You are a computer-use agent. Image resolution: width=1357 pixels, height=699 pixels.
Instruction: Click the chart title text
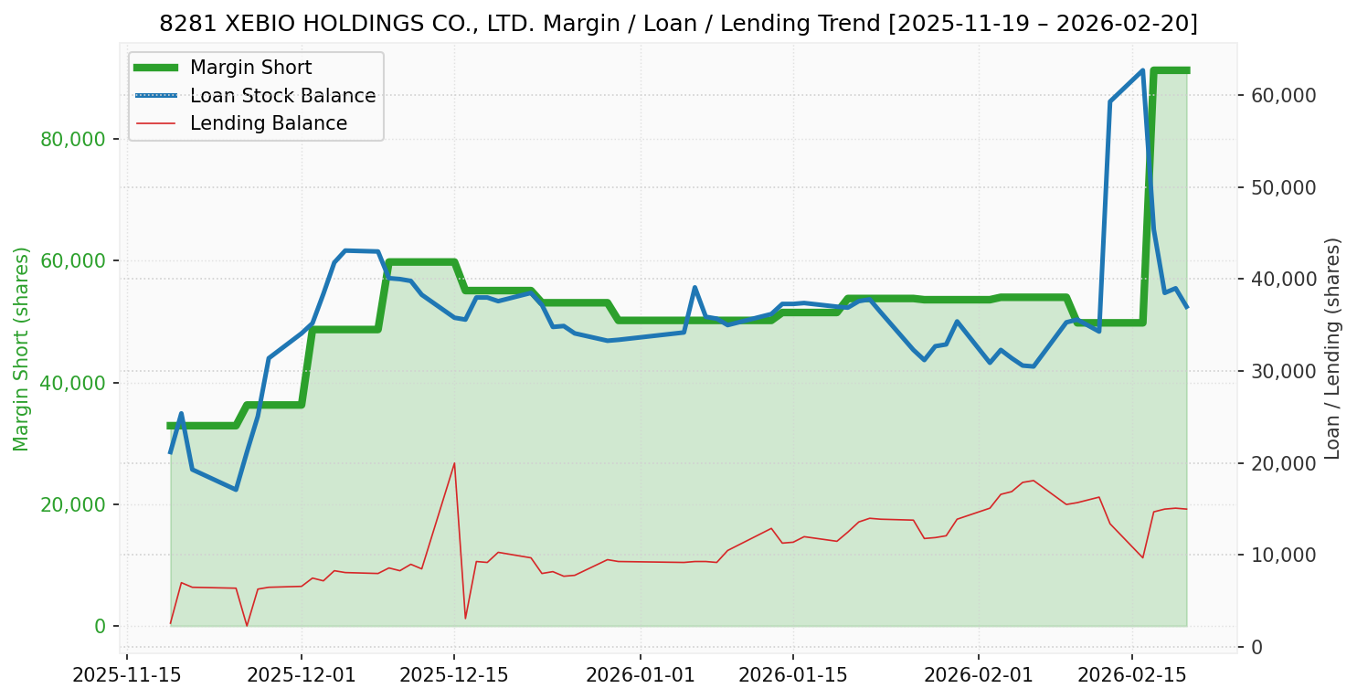(678, 24)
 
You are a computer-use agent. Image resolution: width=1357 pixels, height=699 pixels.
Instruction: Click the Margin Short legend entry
(250, 68)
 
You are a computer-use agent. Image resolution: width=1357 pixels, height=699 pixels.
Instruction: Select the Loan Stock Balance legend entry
(282, 96)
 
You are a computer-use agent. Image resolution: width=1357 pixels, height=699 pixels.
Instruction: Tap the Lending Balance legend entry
(268, 123)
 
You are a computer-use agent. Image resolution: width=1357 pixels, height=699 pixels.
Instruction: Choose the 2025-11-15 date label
(126, 676)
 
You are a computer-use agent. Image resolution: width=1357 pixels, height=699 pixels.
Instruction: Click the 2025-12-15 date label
(454, 676)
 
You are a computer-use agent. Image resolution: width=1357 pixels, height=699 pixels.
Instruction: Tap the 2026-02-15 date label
(1132, 676)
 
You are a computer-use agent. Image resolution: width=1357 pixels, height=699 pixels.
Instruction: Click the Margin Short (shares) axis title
(22, 348)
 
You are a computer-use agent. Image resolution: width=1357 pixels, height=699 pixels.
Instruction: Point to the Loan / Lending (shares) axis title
(1332, 348)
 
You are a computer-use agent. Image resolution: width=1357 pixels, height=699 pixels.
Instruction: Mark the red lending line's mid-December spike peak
(454, 463)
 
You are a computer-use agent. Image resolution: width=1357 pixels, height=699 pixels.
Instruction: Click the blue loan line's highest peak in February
(1142, 70)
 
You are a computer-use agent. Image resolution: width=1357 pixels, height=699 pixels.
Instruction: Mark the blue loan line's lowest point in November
(236, 490)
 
